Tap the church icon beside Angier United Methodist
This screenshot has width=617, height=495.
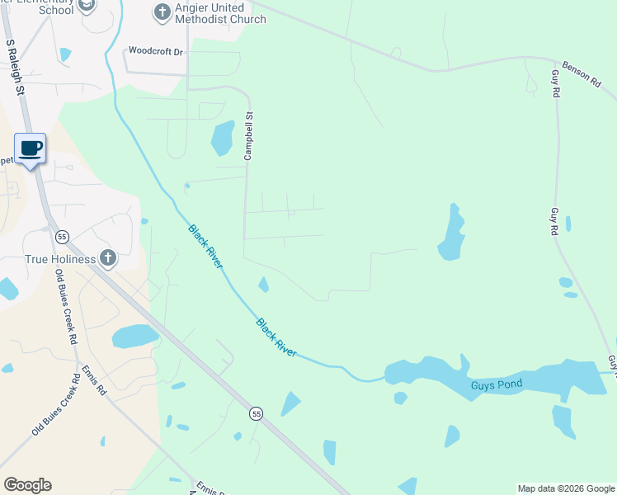coord(161,12)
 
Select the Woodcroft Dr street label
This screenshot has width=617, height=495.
coord(155,51)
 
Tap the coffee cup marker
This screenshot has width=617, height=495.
coord(31,148)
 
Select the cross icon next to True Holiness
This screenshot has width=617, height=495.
coord(107,258)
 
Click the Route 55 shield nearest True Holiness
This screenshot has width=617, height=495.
coord(62,237)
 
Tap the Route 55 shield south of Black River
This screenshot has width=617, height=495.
coord(257,413)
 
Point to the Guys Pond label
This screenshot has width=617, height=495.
coord(495,385)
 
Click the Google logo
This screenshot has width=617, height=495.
coord(27,485)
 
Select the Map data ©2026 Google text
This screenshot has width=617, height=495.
coord(566,488)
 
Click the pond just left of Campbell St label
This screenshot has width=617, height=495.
coord(222,138)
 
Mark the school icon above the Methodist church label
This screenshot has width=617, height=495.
coord(86,6)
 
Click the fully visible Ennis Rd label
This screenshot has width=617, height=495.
coord(94,379)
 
